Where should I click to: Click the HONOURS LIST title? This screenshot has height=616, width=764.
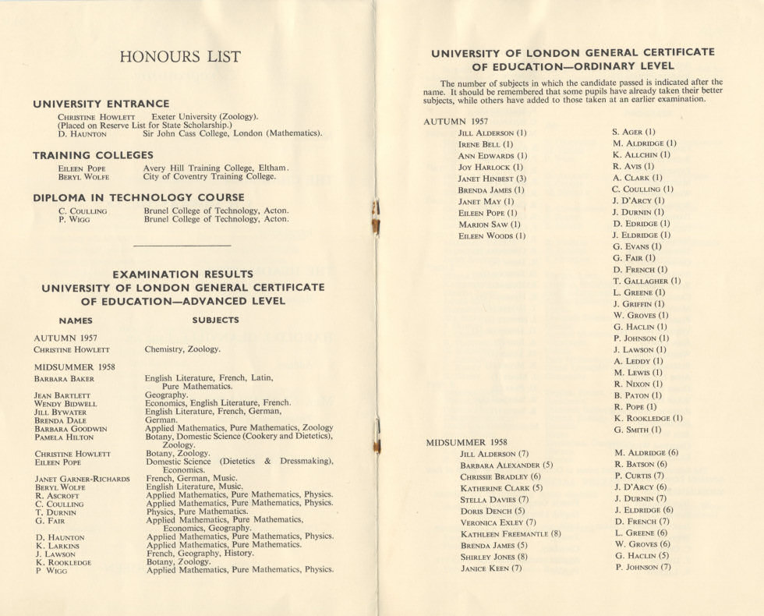click(180, 57)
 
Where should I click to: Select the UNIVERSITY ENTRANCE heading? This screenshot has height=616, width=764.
click(101, 104)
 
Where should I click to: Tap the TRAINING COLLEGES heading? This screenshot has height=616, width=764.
click(93, 155)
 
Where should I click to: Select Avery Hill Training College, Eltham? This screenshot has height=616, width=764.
click(216, 168)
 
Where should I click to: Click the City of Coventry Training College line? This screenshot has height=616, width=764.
click(210, 176)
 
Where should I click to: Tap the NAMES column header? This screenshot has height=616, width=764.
click(76, 320)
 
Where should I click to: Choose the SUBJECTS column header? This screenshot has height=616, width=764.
click(215, 320)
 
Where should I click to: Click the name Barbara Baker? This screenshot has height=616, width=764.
click(64, 379)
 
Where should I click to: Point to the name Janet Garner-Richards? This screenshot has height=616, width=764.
click(82, 479)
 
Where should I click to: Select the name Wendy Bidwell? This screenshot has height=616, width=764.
click(65, 404)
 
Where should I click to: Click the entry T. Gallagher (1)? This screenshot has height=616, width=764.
click(646, 281)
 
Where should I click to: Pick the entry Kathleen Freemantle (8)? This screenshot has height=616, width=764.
click(510, 534)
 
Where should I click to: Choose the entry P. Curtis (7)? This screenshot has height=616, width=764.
click(639, 476)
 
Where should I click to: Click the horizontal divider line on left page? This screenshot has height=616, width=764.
click(182, 246)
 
